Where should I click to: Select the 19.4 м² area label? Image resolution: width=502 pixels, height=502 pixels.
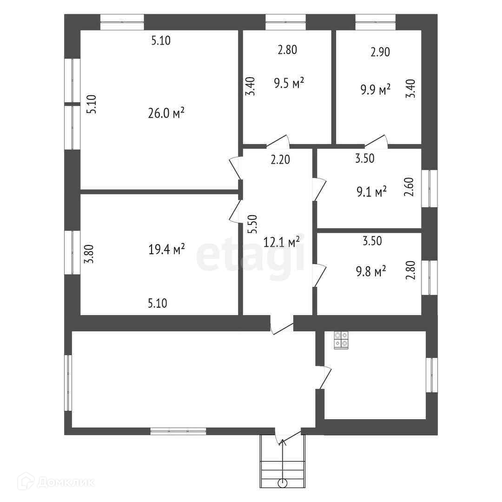[x=166, y=250]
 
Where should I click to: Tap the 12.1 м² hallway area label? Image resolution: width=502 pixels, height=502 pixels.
[x=282, y=242]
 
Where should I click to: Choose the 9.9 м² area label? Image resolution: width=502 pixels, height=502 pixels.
[x=376, y=90]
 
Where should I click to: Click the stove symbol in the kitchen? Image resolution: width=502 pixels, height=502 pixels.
[x=341, y=339]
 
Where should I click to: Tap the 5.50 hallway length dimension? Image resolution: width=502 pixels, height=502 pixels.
[x=252, y=225]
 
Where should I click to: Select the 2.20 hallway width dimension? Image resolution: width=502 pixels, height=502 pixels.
[x=280, y=160]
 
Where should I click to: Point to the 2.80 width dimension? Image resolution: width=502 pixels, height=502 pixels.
[x=287, y=50]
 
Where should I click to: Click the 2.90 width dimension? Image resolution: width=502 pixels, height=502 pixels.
[x=380, y=52]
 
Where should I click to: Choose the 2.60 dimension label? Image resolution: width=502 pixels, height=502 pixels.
[x=409, y=187]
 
